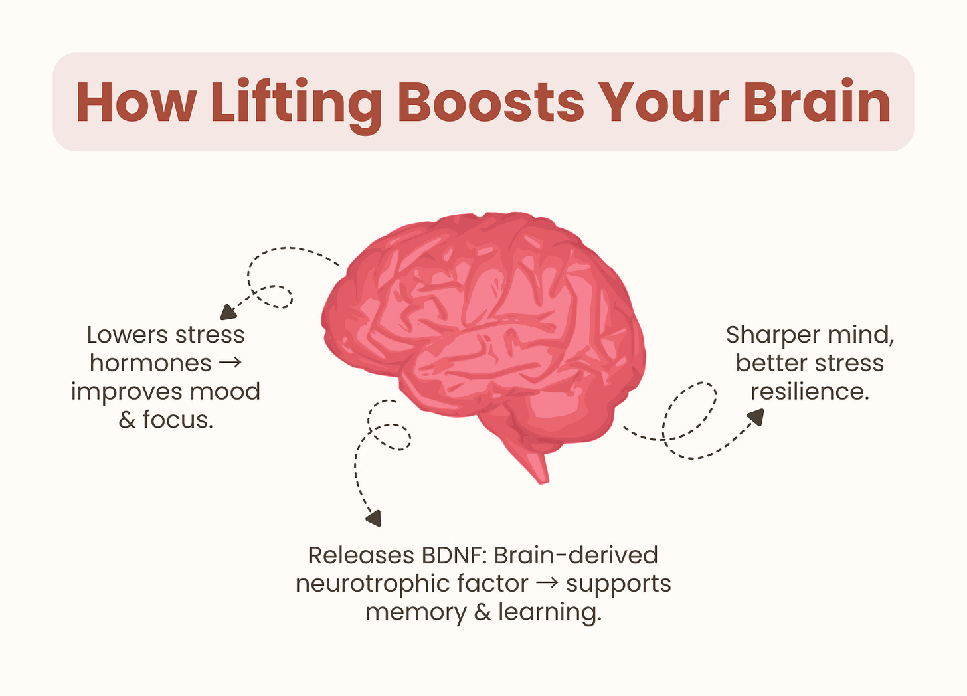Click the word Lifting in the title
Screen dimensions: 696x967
pos(296,103)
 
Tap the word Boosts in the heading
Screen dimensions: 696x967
pos(491,103)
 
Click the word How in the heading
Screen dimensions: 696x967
pos(135,103)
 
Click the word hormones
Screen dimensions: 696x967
pos(150,363)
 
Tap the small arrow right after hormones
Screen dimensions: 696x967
pos(230,363)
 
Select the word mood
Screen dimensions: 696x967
pos(225,392)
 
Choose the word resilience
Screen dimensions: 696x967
pos(810,392)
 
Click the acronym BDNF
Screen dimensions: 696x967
pos(455,555)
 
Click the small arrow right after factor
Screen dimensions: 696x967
pos(547,584)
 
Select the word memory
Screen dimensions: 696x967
pos(416,612)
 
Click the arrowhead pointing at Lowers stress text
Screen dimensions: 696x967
pos(228,312)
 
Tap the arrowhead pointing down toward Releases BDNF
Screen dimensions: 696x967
pos(375,518)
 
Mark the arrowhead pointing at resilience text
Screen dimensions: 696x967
pos(756,416)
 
